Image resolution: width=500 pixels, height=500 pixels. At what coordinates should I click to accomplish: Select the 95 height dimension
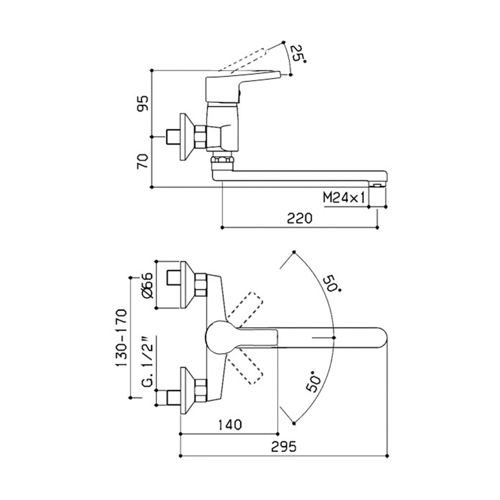coord(143,103)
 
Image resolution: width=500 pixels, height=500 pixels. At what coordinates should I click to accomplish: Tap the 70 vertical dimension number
coord(143,161)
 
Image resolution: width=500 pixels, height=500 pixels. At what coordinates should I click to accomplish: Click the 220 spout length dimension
coord(300,218)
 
